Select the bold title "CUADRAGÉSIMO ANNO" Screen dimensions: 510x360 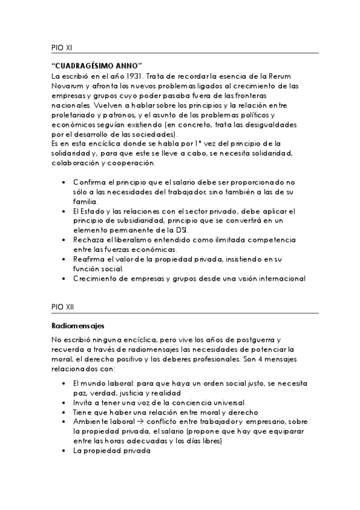97,65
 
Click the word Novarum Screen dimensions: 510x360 67,86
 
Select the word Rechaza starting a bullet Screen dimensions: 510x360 91,239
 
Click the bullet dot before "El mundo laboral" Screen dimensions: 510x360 64,382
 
